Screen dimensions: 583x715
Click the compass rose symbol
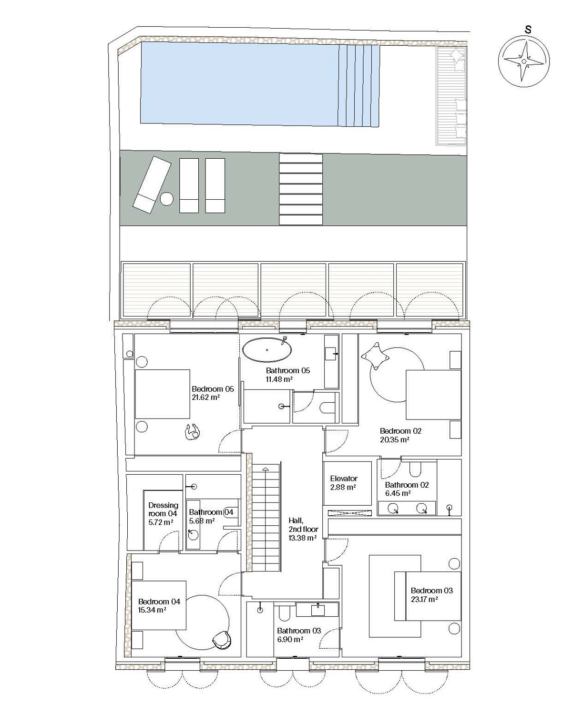[x=523, y=61]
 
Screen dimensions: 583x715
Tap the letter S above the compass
[x=528, y=30]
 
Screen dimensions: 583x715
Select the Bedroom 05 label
[x=213, y=389]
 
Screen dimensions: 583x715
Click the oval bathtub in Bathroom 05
[x=267, y=349]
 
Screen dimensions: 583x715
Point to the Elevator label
[x=344, y=479]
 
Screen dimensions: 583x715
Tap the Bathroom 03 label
[x=299, y=631]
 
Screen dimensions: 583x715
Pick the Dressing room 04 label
[x=163, y=509]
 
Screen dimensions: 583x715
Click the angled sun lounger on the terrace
[x=152, y=185]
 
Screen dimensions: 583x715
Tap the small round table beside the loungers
[x=166, y=199]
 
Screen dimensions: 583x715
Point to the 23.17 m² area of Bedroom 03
[x=424, y=599]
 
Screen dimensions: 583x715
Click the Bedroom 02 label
[x=400, y=431]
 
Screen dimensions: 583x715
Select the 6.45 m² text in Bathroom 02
[x=398, y=493]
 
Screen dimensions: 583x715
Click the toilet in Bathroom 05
[x=327, y=407]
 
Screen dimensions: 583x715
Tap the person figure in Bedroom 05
[x=193, y=432]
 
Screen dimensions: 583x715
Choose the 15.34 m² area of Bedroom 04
[x=152, y=610]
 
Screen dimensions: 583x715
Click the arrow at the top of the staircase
[x=266, y=469]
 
